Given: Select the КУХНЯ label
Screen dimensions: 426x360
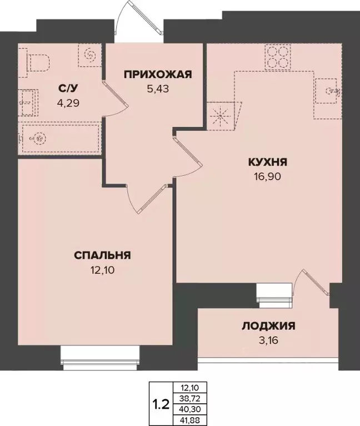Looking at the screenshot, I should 267,163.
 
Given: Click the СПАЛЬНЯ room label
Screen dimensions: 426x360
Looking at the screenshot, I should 102,256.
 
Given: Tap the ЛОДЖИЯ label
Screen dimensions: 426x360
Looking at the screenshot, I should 268,326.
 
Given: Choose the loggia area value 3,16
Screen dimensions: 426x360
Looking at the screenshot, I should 268,339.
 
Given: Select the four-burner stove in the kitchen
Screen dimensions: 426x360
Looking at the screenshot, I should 277,56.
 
